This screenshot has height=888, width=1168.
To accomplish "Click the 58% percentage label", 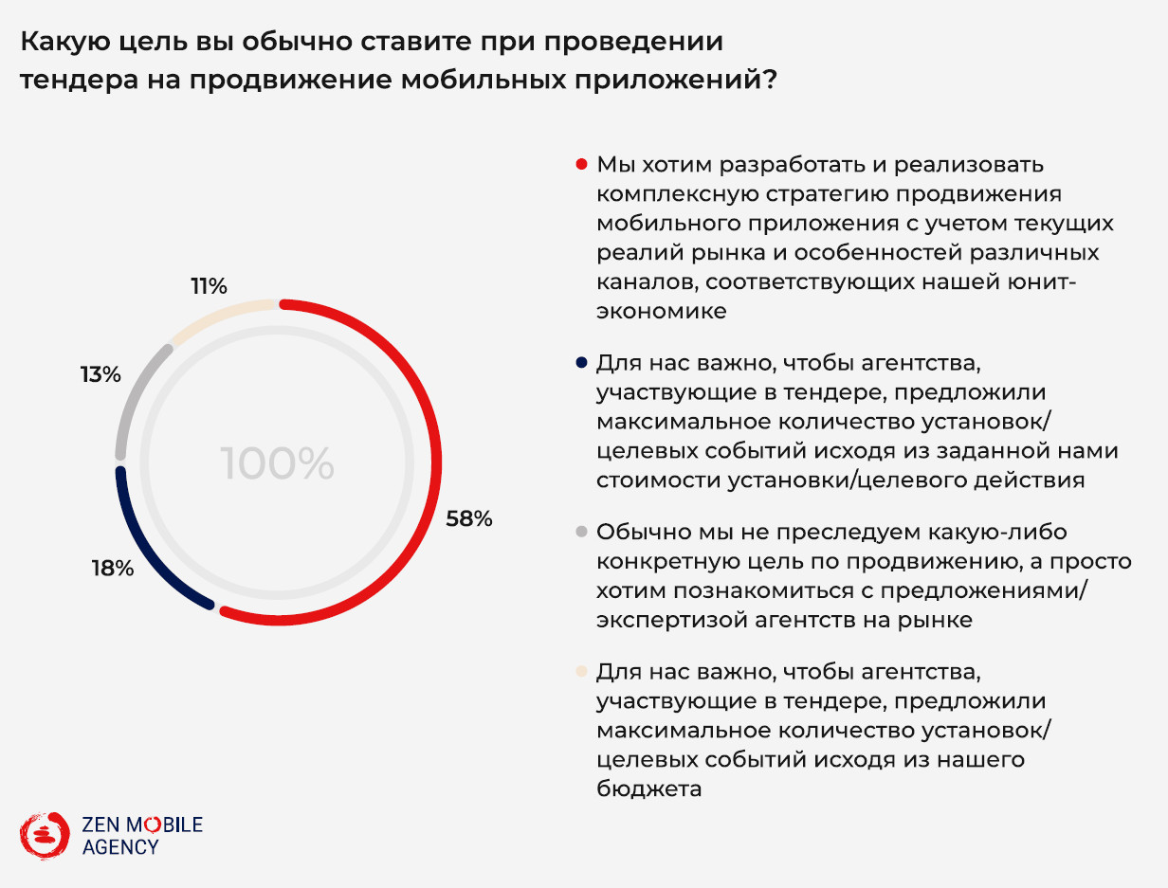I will point(469,518).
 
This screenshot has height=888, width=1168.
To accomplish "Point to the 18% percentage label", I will point(112,569).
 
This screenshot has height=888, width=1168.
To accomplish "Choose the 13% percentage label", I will point(100,374).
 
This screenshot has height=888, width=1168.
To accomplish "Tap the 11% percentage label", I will point(209,285).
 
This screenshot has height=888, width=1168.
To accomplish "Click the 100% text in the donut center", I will point(277,463).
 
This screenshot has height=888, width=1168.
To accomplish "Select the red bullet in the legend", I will point(581,164).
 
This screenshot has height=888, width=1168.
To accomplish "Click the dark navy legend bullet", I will point(581,362).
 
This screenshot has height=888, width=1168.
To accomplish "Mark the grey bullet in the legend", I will point(581,532).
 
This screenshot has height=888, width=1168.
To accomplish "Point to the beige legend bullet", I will point(581,671).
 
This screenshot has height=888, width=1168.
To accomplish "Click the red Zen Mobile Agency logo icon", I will point(45,834).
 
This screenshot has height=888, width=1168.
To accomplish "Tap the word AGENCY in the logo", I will point(120,847).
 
